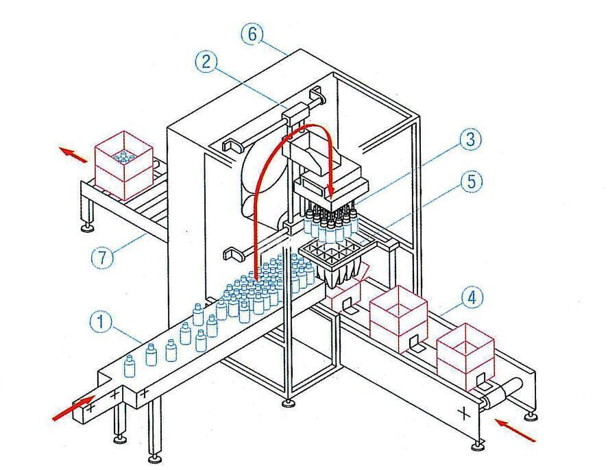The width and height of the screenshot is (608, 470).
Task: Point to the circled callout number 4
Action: point(471,299)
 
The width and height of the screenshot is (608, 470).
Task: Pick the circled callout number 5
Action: point(471,182)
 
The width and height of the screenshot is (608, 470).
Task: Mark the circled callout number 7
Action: point(101,258)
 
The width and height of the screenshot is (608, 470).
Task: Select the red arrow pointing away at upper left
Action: point(75,153)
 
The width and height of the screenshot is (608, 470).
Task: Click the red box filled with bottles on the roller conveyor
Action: point(124,165)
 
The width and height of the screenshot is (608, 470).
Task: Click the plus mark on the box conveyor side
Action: point(464,413)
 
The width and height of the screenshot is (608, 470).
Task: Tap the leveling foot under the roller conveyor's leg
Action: point(88,226)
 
